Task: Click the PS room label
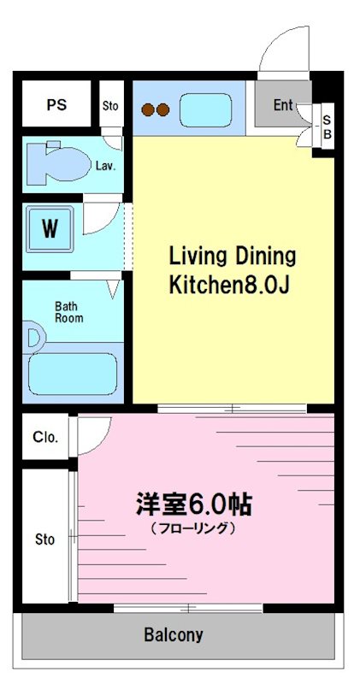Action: point(56,106)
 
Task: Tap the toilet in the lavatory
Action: point(56,162)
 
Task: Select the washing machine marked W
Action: point(50,228)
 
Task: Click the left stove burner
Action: point(147,109)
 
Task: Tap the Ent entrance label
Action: point(283,105)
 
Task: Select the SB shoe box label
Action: point(327,127)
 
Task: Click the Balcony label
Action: point(174,635)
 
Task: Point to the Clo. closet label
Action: point(45,437)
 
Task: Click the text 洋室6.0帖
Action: point(192,504)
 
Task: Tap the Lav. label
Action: point(106,166)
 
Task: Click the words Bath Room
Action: point(69,312)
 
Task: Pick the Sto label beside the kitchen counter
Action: point(110,106)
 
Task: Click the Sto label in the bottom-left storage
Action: point(44,540)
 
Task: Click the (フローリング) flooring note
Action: point(192,528)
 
